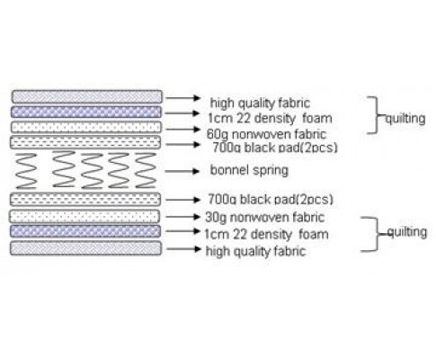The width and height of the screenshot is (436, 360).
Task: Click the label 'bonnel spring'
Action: pos(249,170)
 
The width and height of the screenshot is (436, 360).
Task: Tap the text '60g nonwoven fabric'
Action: pos(266,134)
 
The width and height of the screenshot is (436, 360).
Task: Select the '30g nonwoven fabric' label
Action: pos(265,217)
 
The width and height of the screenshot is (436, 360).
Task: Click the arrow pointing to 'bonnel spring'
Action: pos(182,171)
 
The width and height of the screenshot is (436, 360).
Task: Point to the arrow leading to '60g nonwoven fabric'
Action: pos(182,130)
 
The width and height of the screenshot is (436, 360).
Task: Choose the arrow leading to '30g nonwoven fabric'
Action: pos(182,216)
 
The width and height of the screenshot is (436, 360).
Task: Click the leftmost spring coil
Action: pos(26,171)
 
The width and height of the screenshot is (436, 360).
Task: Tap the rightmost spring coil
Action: pos(146,170)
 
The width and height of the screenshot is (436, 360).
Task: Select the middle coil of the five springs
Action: pos(92,171)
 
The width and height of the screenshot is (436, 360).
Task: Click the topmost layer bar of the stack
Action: pos(87,97)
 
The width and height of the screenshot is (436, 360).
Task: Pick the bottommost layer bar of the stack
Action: pos(85,248)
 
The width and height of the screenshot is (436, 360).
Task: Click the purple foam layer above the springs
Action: pos(86,112)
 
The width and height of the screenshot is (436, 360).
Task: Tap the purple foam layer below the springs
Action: pos(85,231)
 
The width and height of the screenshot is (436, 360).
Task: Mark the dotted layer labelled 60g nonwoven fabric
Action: pos(86,127)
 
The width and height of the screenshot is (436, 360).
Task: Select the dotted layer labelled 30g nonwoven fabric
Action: pos(85,216)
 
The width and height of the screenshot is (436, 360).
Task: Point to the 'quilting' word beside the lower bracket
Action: pos(407,232)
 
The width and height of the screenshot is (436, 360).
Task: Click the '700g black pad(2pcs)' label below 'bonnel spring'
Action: pos(271,199)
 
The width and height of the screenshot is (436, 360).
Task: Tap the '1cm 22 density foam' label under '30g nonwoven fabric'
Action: pos(266,234)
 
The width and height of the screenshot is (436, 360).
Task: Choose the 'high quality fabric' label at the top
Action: pos(260,103)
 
